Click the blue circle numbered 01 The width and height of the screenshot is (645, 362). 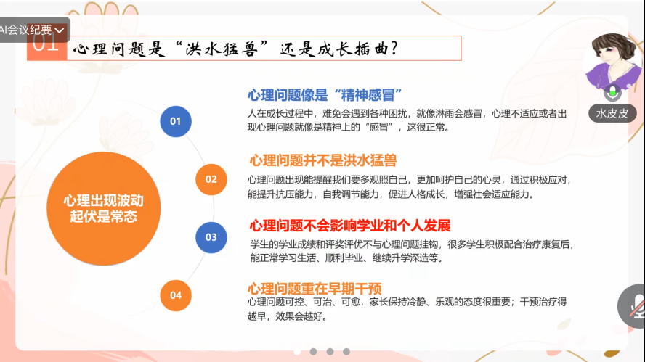pos(176,121)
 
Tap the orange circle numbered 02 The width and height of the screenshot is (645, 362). pos(211,179)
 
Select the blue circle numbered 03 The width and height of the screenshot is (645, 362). pos(211,237)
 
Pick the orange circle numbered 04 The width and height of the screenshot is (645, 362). pos(176,295)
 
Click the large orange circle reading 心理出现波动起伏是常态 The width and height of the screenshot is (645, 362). pos(104,208)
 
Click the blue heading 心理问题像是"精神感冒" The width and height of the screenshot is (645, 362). pos(325,95)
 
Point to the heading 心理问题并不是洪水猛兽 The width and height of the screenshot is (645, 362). pos(323,160)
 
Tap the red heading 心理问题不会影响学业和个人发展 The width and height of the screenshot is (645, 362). pos(350,226)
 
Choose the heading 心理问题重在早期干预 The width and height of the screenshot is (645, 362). pos(315,289)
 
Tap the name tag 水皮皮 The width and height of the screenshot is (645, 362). pos(612,113)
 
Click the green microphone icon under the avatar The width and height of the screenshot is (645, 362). pos(612,92)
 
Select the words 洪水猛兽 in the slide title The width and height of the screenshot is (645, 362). pos(222,49)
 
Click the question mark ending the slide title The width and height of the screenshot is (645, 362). pos(394,49)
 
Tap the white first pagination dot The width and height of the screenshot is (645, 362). pos(297,352)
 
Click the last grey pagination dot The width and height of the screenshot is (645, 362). pos(346,352)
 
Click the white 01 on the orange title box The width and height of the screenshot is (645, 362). pos(46,42)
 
